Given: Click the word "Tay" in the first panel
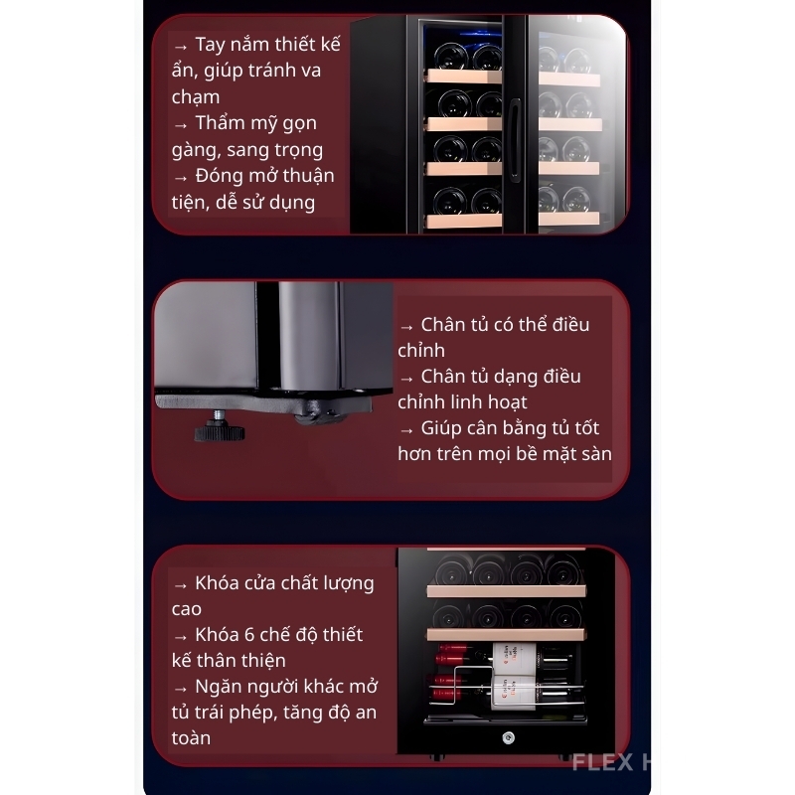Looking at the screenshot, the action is pos(210,46).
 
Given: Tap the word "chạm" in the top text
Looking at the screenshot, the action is pos(196,96).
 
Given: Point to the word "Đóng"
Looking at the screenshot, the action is pos(221,176).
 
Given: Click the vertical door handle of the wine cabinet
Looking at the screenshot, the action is pos(514,139).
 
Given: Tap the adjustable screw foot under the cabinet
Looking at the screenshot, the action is pos(220,427).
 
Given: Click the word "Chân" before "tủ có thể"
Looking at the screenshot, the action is pos(442,325).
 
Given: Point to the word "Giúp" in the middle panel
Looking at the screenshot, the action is pos(439,429).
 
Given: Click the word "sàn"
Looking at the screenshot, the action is pos(597,454).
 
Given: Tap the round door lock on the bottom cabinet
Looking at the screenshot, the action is pos(508,737).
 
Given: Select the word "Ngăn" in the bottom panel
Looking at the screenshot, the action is pos(217,687).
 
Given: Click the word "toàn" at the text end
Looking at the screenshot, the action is pos(191,738).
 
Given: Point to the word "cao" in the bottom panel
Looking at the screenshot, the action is pos(186,609).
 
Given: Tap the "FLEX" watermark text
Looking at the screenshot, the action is pos(603,762).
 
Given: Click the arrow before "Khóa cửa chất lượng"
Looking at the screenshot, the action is pos(181,585).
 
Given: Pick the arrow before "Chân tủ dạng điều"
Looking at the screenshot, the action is pos(406,379).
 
